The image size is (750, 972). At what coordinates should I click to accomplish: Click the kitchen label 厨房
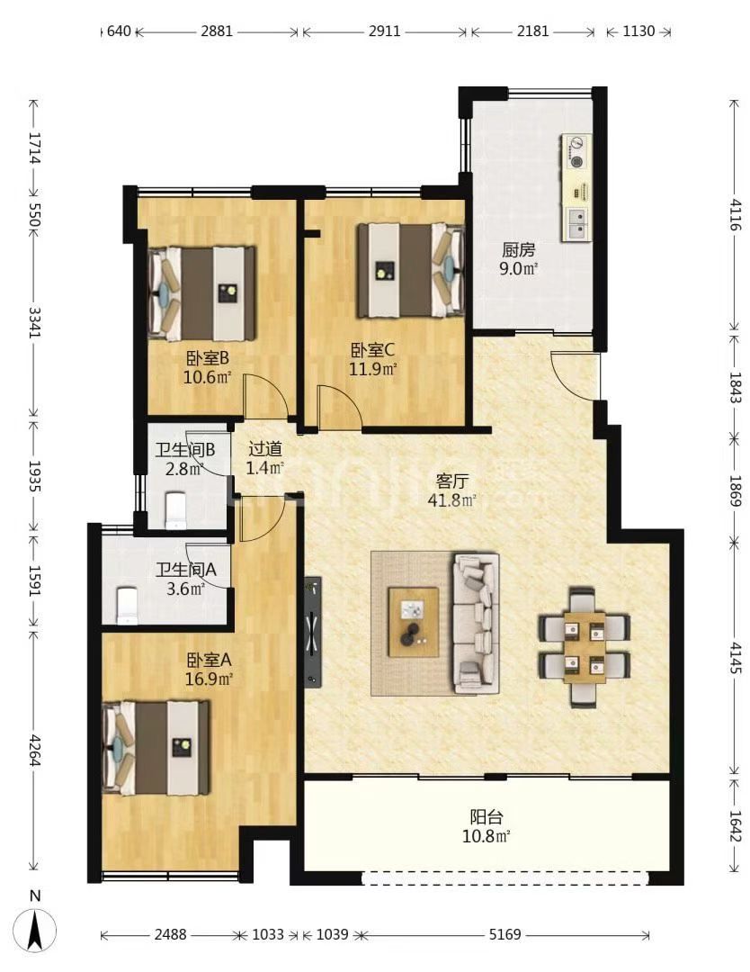click(518, 250)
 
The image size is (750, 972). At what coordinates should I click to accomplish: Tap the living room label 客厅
click(452, 481)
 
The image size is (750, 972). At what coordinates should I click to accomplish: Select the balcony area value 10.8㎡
click(487, 836)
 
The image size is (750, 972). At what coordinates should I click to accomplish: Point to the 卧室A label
click(209, 660)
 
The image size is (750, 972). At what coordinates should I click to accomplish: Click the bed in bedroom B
click(202, 293)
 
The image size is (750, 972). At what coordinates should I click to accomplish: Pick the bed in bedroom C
click(411, 271)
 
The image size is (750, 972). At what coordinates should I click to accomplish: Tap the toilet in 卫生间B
click(176, 510)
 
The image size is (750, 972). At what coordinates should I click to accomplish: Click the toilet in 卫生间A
click(127, 606)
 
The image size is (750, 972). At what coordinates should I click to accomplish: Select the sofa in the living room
click(477, 623)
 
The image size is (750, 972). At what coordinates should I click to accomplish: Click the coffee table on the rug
click(413, 623)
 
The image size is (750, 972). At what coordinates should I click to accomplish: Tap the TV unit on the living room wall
click(313, 633)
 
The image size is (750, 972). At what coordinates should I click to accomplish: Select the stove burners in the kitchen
click(576, 153)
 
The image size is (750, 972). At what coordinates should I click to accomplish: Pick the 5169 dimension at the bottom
click(504, 934)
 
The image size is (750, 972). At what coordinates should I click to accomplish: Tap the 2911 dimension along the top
click(385, 31)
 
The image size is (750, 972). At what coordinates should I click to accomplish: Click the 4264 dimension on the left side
click(35, 751)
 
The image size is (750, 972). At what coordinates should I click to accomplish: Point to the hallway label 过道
click(265, 448)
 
